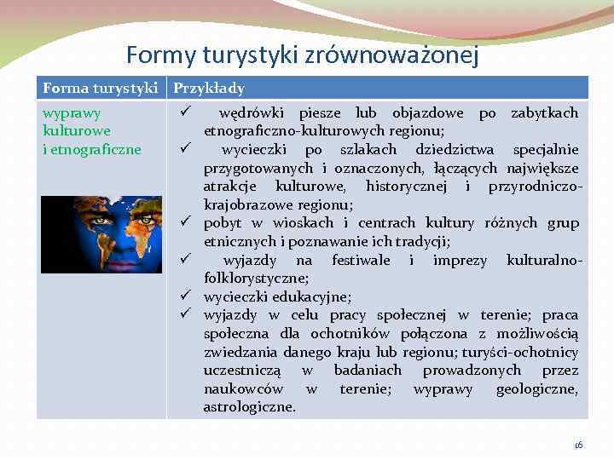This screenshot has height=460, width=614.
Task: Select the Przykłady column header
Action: coord(209,89)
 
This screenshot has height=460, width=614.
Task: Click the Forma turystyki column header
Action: coord(103,89)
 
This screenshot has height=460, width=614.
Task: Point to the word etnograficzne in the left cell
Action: coord(91,150)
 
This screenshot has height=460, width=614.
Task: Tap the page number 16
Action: coord(577,445)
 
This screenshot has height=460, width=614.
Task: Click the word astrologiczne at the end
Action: coord(249,407)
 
